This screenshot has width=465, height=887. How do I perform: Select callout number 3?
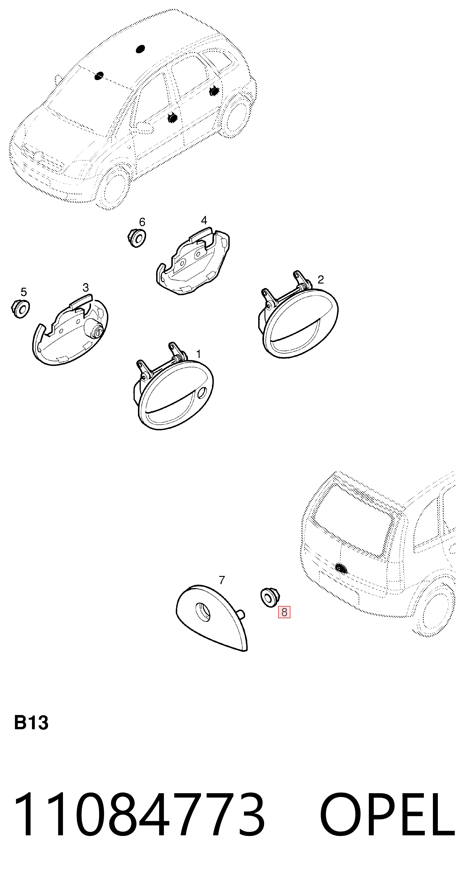tap(86, 287)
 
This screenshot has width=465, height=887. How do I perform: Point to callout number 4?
tap(204, 220)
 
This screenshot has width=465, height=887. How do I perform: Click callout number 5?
tap(23, 292)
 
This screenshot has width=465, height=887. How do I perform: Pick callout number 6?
tap(142, 222)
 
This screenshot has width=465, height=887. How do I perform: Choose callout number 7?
tap(222, 580)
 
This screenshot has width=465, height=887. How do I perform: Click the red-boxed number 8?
tap(284, 612)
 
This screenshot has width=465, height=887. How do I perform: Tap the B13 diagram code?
tap(31, 722)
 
